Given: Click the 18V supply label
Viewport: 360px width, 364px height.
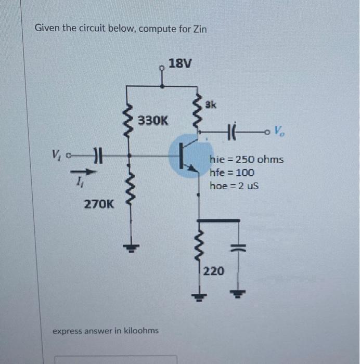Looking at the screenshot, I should tap(181, 64).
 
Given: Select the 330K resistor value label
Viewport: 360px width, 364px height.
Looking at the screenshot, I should tap(153, 121).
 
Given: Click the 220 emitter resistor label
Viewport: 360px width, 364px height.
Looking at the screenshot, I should tap(214, 270).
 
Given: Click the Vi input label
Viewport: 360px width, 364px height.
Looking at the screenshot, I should tap(56, 154).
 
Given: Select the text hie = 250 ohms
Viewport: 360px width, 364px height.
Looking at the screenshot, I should tap(247, 159).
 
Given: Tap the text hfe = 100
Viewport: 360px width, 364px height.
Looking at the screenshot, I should tap(232, 173).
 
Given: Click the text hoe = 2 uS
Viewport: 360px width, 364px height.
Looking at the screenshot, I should tap(234, 186).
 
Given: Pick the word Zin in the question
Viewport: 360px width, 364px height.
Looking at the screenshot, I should tap(200, 29).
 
